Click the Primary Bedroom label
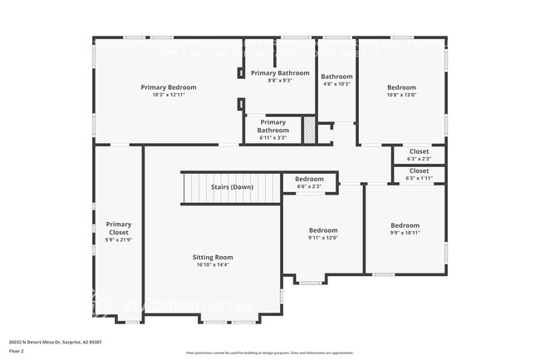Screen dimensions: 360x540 pos(169,87)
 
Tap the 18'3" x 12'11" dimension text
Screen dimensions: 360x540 pos(169,95)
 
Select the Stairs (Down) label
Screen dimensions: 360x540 pos(232,187)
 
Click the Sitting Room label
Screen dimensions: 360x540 pos(214,258)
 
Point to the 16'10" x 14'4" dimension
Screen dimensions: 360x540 pos(214,265)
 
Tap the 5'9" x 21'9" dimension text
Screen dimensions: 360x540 pos(118,239)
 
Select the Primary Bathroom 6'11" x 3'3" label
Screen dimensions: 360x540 pos(272,126)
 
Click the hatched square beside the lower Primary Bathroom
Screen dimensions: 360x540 pos(309,131)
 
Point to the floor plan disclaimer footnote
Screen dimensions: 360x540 pos(269,353)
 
